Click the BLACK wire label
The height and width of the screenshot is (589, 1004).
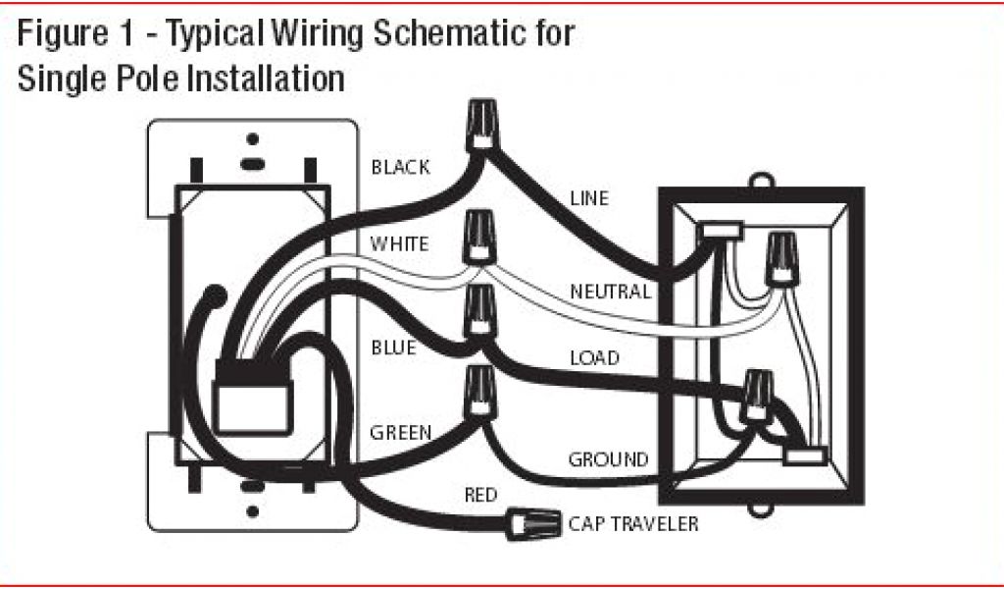coord(400,168)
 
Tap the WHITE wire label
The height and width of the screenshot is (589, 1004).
coord(398,243)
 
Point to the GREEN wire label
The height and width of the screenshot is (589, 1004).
coord(401,432)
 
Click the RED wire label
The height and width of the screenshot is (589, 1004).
coord(480,495)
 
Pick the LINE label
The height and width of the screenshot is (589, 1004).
coord(589,199)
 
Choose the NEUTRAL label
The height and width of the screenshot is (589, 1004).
coord(610,292)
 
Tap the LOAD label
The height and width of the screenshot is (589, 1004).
coord(594,358)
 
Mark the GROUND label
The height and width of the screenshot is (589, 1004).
coord(608,459)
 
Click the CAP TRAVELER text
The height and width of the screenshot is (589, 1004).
coord(633,524)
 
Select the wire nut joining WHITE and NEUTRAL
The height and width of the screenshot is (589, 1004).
coord(479,236)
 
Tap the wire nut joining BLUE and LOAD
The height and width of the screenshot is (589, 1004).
coord(479,311)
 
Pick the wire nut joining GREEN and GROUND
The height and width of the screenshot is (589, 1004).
coord(479,392)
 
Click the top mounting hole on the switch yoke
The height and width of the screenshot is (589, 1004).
coord(252,138)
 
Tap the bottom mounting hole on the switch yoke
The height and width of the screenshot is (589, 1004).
coord(252,511)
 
